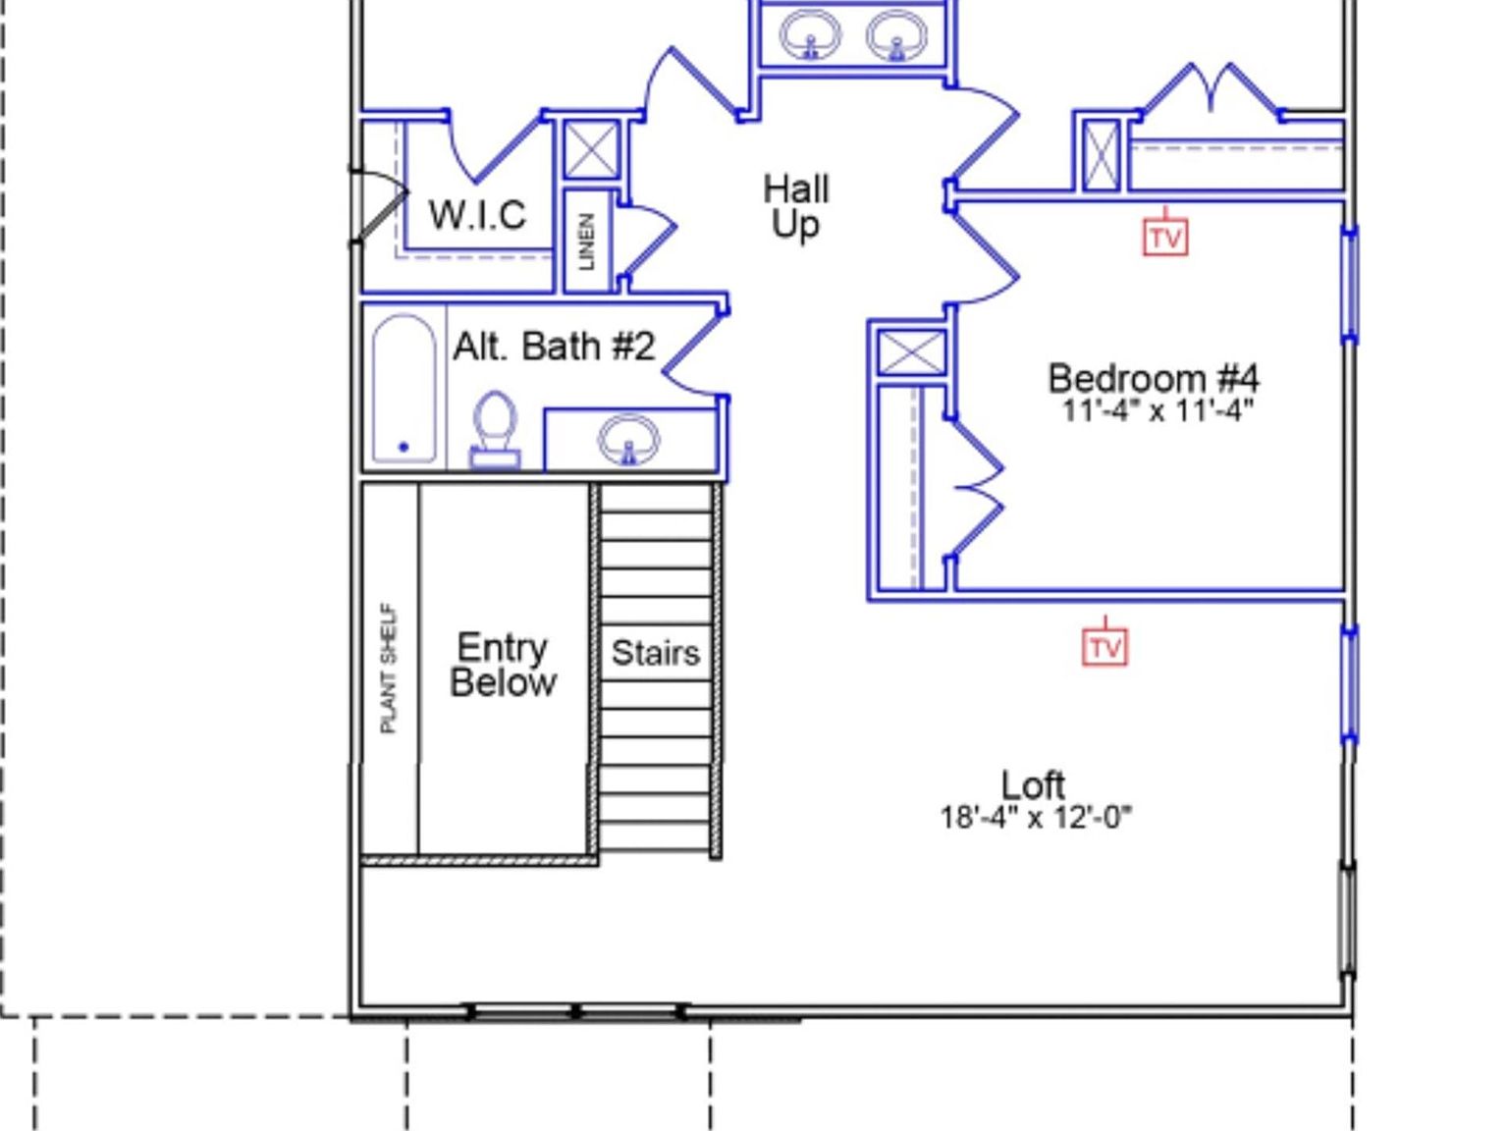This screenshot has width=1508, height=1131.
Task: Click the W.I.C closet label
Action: (477, 214)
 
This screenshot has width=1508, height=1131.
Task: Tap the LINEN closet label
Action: (587, 242)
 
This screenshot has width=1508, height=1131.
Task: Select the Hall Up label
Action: (796, 206)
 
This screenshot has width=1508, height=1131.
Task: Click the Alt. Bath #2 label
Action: (554, 347)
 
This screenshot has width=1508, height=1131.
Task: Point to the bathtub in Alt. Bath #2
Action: (404, 388)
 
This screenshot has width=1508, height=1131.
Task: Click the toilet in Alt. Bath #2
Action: (495, 427)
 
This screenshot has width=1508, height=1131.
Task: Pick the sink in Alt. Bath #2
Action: (628, 439)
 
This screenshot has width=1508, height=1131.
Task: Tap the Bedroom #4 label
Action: (1154, 378)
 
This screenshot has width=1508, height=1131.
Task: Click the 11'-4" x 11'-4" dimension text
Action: (1158, 410)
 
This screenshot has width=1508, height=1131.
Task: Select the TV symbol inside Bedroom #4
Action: (1165, 238)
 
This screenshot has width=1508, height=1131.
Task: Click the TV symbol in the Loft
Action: (1104, 647)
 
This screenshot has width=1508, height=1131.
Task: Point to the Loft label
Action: (1033, 784)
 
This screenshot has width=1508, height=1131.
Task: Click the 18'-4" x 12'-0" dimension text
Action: (1036, 817)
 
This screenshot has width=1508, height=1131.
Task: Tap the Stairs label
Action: (656, 653)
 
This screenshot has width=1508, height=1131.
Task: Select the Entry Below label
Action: (503, 665)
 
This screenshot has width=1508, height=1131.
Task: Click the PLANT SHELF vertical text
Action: (389, 668)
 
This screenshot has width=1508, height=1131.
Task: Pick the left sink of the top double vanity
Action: (810, 36)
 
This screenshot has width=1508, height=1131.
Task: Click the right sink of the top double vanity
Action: (896, 36)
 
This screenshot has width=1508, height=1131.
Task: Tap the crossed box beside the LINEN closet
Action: (592, 150)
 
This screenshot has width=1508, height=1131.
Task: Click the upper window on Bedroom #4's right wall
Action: (1350, 285)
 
